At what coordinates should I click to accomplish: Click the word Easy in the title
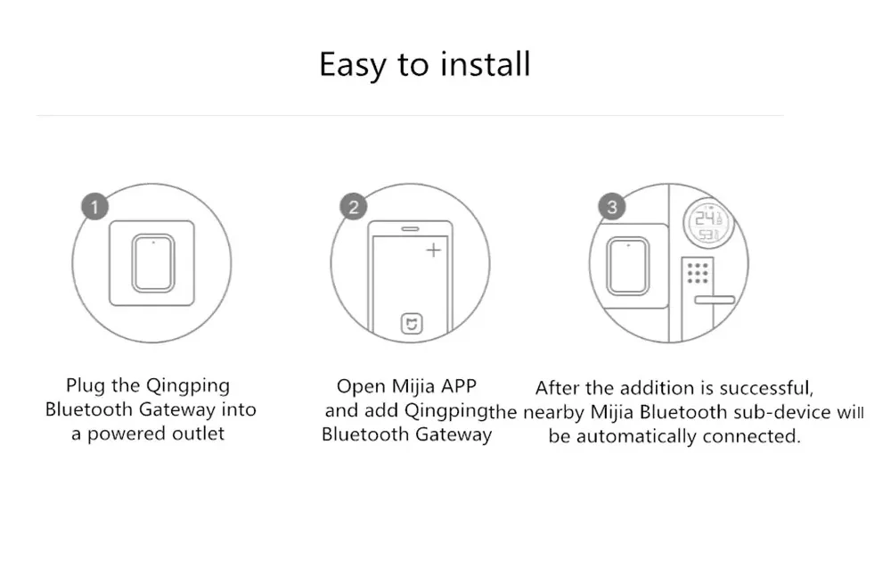tap(352, 65)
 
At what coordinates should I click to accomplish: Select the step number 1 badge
tap(95, 207)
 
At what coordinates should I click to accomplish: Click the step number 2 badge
tap(354, 207)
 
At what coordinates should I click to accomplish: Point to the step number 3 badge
tap(612, 207)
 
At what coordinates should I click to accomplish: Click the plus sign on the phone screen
tap(434, 250)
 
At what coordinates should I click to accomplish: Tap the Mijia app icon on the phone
tap(412, 324)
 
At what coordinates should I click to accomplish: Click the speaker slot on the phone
tap(410, 228)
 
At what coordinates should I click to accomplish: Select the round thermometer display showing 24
tap(708, 222)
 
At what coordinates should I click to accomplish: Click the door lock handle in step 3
tap(715, 300)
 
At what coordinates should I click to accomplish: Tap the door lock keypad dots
tap(698, 273)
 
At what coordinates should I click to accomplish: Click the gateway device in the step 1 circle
tap(153, 263)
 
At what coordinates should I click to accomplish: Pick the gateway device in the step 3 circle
tap(628, 266)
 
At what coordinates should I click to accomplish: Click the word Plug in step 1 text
tap(86, 386)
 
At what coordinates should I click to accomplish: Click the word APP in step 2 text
tap(458, 386)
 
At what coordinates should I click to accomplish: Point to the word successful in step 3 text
tap(766, 389)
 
